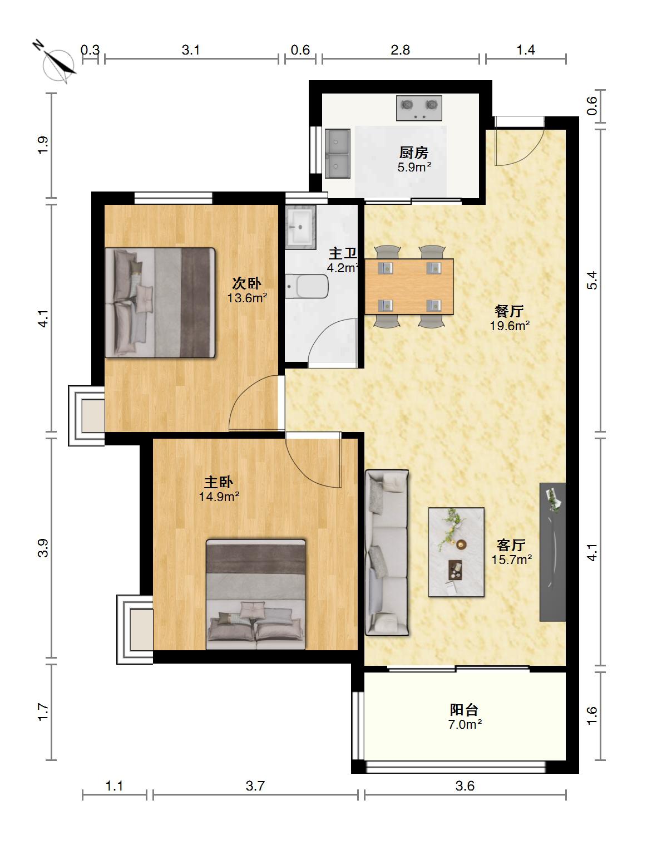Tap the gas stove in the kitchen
coord(419,108)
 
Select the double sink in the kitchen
coord(338,154)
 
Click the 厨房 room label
coord(414,153)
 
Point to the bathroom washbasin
coord(300,227)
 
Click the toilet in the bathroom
coord(307,286)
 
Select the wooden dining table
coord(409,286)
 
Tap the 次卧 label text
coord(246,283)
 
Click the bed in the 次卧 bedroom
coord(160,303)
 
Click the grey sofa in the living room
coord(387,553)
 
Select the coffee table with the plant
coord(456,552)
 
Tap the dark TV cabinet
coord(552,552)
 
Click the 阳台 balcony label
coord(464,710)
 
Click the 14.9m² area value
coord(219,497)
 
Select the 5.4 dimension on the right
coord(592,280)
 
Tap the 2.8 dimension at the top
coord(400,50)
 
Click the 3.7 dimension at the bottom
coord(255,786)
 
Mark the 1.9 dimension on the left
coord(43,145)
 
